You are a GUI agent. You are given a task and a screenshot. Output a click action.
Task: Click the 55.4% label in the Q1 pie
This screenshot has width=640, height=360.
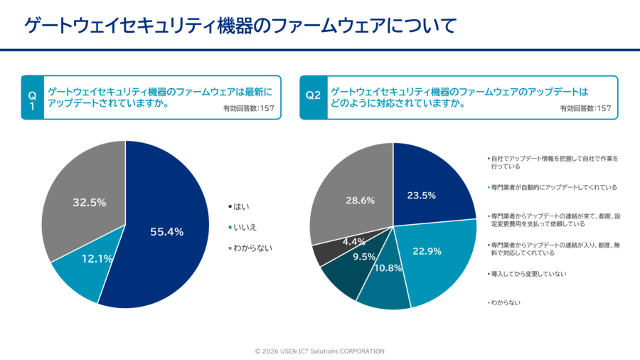pyautogui.click(x=167, y=231)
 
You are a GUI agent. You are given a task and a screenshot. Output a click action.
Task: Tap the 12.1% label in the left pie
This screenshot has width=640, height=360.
pyautogui.click(x=97, y=259)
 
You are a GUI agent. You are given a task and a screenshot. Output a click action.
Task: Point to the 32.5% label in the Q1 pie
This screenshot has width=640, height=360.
pyautogui.click(x=90, y=203)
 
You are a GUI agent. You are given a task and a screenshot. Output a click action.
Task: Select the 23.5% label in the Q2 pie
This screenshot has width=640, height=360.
pyautogui.click(x=421, y=195)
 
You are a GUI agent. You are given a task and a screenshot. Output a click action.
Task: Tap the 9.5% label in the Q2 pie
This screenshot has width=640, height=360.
pyautogui.click(x=363, y=258)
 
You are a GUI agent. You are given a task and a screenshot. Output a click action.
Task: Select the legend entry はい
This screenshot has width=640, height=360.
pyautogui.click(x=241, y=206)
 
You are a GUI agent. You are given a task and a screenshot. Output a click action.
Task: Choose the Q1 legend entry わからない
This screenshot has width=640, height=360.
pyautogui.click(x=252, y=248)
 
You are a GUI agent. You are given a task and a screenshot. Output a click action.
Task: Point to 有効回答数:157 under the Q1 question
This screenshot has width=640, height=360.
pyautogui.click(x=248, y=109)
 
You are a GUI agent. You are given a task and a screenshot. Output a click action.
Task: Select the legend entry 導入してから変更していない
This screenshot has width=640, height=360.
pyautogui.click(x=528, y=274)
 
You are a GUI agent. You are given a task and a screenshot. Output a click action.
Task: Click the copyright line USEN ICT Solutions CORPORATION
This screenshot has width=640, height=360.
pyautogui.click(x=319, y=351)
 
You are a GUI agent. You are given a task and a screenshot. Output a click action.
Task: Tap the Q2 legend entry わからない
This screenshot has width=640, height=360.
pyautogui.click(x=506, y=302)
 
